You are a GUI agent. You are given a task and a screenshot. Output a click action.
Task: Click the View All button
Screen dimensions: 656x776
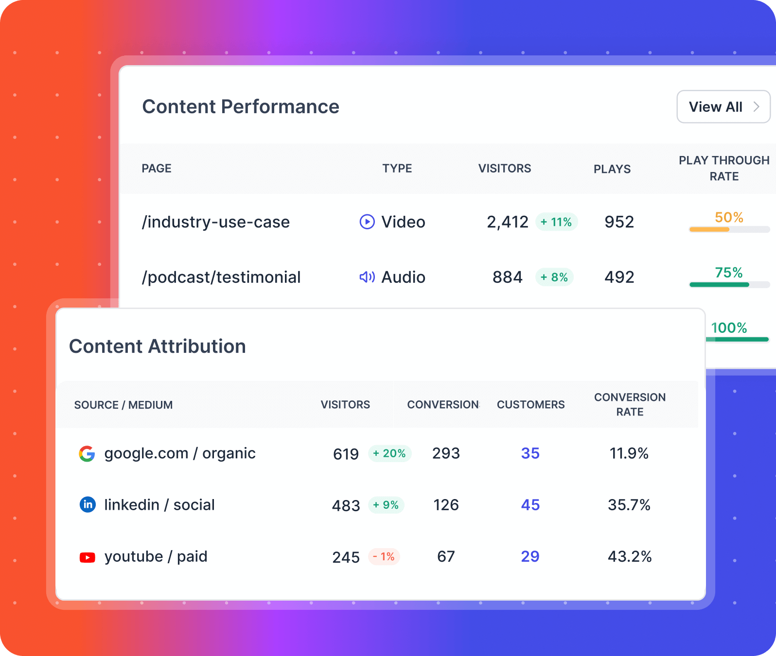[723, 107]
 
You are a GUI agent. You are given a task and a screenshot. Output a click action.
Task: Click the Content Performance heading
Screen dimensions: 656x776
[241, 107]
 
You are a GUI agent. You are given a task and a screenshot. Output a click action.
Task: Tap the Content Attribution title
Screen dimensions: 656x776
[158, 346]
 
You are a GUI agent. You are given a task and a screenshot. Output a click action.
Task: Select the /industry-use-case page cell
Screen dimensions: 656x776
[216, 222]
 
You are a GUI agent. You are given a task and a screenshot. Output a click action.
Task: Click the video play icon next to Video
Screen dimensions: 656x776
[367, 222]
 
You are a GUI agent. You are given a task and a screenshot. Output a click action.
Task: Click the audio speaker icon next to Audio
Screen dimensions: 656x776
[367, 277]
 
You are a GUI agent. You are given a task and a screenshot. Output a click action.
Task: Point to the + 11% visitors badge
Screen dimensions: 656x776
[556, 222]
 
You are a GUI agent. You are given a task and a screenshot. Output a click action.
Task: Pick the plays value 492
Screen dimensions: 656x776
[619, 277]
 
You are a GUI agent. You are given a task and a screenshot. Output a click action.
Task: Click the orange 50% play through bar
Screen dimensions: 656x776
[709, 229]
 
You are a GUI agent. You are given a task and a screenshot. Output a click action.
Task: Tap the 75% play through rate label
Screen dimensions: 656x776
[728, 273]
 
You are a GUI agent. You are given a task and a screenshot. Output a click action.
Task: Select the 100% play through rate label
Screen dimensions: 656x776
[729, 328]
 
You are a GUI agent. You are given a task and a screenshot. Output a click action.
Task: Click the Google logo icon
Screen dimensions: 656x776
[87, 453]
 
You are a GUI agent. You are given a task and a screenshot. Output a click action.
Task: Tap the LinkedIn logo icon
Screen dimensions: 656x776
[88, 505]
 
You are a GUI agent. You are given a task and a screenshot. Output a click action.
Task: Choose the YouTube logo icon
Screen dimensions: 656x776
[88, 557]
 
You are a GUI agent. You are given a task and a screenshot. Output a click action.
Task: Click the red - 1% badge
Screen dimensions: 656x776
[384, 556]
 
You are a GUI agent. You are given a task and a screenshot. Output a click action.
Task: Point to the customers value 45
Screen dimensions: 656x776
[530, 505]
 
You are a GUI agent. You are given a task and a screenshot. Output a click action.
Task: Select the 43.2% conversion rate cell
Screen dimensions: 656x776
[629, 556]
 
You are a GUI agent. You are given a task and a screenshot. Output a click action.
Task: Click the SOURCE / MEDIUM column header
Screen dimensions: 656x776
[123, 405]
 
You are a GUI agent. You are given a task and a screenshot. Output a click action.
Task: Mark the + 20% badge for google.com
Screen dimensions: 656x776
[389, 453]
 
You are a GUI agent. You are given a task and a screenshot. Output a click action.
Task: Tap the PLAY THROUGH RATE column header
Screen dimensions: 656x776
[724, 168]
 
